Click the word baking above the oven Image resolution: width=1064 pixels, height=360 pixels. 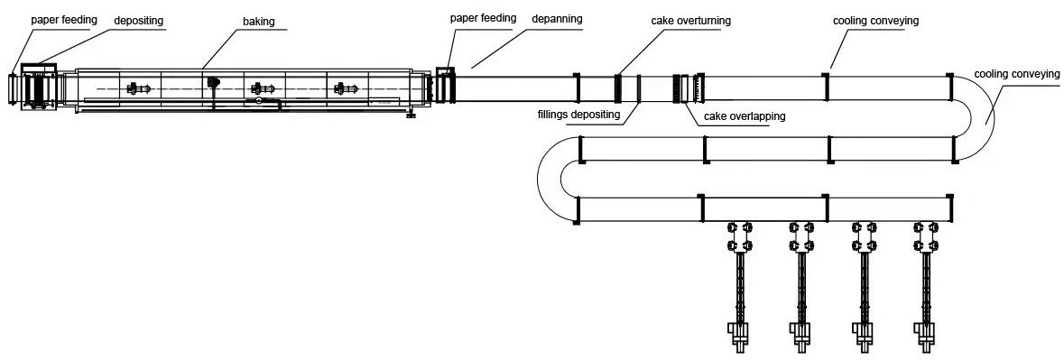click(x=258, y=22)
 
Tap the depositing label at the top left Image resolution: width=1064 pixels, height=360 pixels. click(x=138, y=21)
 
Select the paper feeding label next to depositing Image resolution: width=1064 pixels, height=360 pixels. click(x=64, y=20)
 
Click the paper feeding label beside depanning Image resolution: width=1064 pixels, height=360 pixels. click(x=483, y=18)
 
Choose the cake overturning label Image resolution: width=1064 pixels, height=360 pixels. click(x=690, y=21)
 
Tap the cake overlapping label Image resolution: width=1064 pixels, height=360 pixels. click(x=745, y=115)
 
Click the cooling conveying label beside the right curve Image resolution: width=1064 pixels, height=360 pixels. click(x=1016, y=74)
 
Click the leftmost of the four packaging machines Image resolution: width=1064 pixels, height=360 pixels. click(x=738, y=285)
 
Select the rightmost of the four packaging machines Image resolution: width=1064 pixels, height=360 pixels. click(x=927, y=285)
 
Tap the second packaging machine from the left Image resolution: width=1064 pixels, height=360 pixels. click(x=801, y=285)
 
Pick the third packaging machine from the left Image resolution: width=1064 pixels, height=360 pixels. click(x=864, y=285)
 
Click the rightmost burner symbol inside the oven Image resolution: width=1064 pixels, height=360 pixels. click(x=345, y=88)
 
